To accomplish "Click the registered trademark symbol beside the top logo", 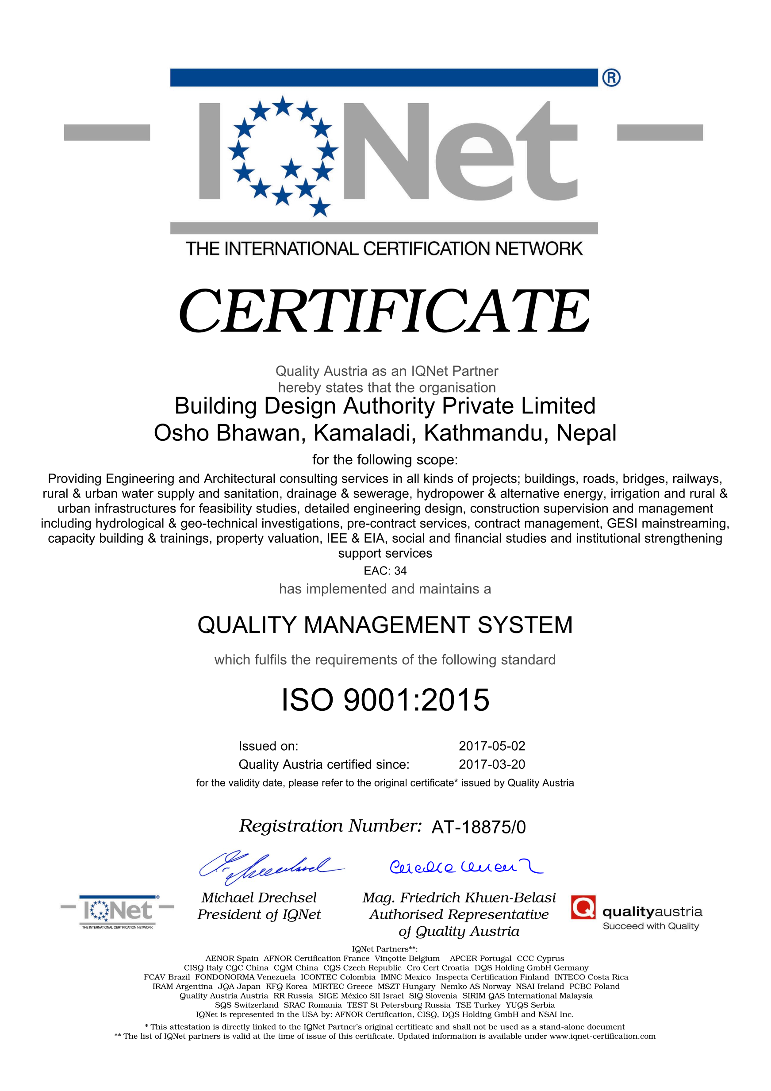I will pos(611,77).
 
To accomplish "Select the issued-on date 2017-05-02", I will pos(492,746).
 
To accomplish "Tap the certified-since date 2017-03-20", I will pos(492,764).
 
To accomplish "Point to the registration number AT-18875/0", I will pos(479,827).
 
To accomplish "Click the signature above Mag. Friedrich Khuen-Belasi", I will pos(465,867).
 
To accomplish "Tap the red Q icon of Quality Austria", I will pos(583,908).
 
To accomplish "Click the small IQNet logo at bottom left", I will pos(117,911).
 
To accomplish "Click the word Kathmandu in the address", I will pos(486,433).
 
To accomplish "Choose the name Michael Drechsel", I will pos(259,898).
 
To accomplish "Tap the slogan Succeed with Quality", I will pos(650,926).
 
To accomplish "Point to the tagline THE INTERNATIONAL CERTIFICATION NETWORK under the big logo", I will pos(384,249).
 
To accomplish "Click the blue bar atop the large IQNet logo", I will pos(384,77).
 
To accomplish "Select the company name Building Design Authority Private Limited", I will pos(385,406).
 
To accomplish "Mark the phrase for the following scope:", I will pos(385,459).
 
